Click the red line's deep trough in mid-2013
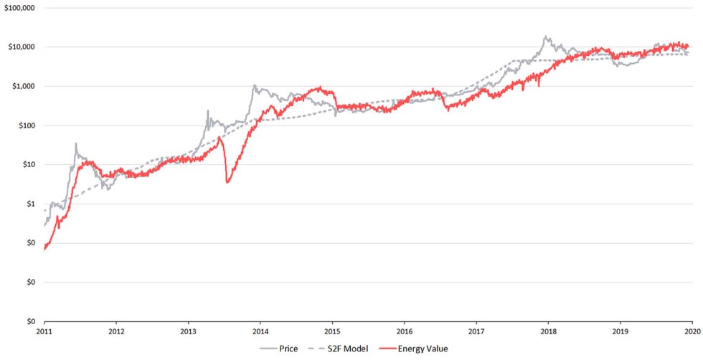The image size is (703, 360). pos(227,182)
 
